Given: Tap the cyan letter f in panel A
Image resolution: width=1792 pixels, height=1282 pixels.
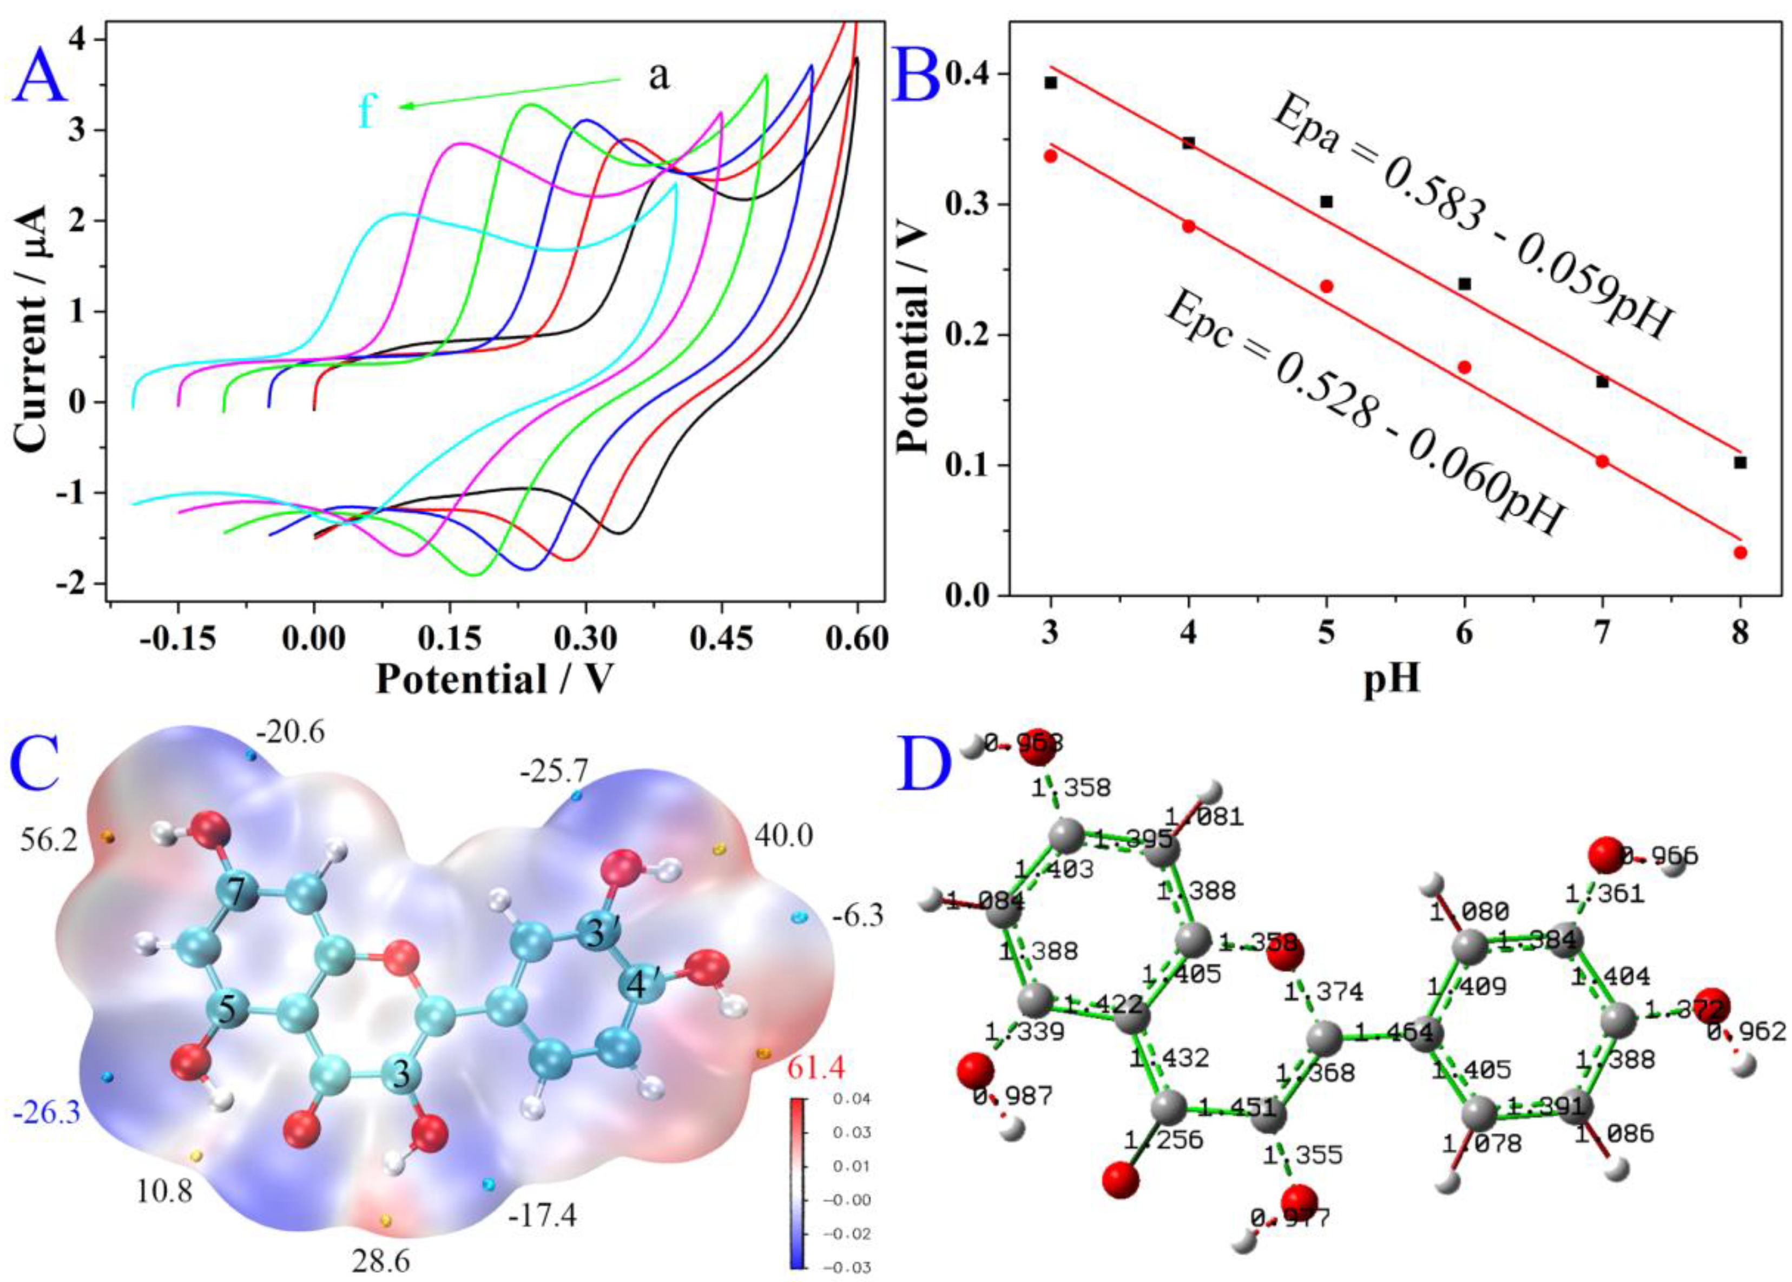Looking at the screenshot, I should pos(366,112).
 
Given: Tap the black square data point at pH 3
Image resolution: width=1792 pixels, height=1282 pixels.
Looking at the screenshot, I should pos(1050,82).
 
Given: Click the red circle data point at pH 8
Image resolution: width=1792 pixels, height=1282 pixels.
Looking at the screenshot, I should pos(1740,553).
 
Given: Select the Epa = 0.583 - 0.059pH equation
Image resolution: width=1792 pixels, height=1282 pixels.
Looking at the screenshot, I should pos(1472,225).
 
